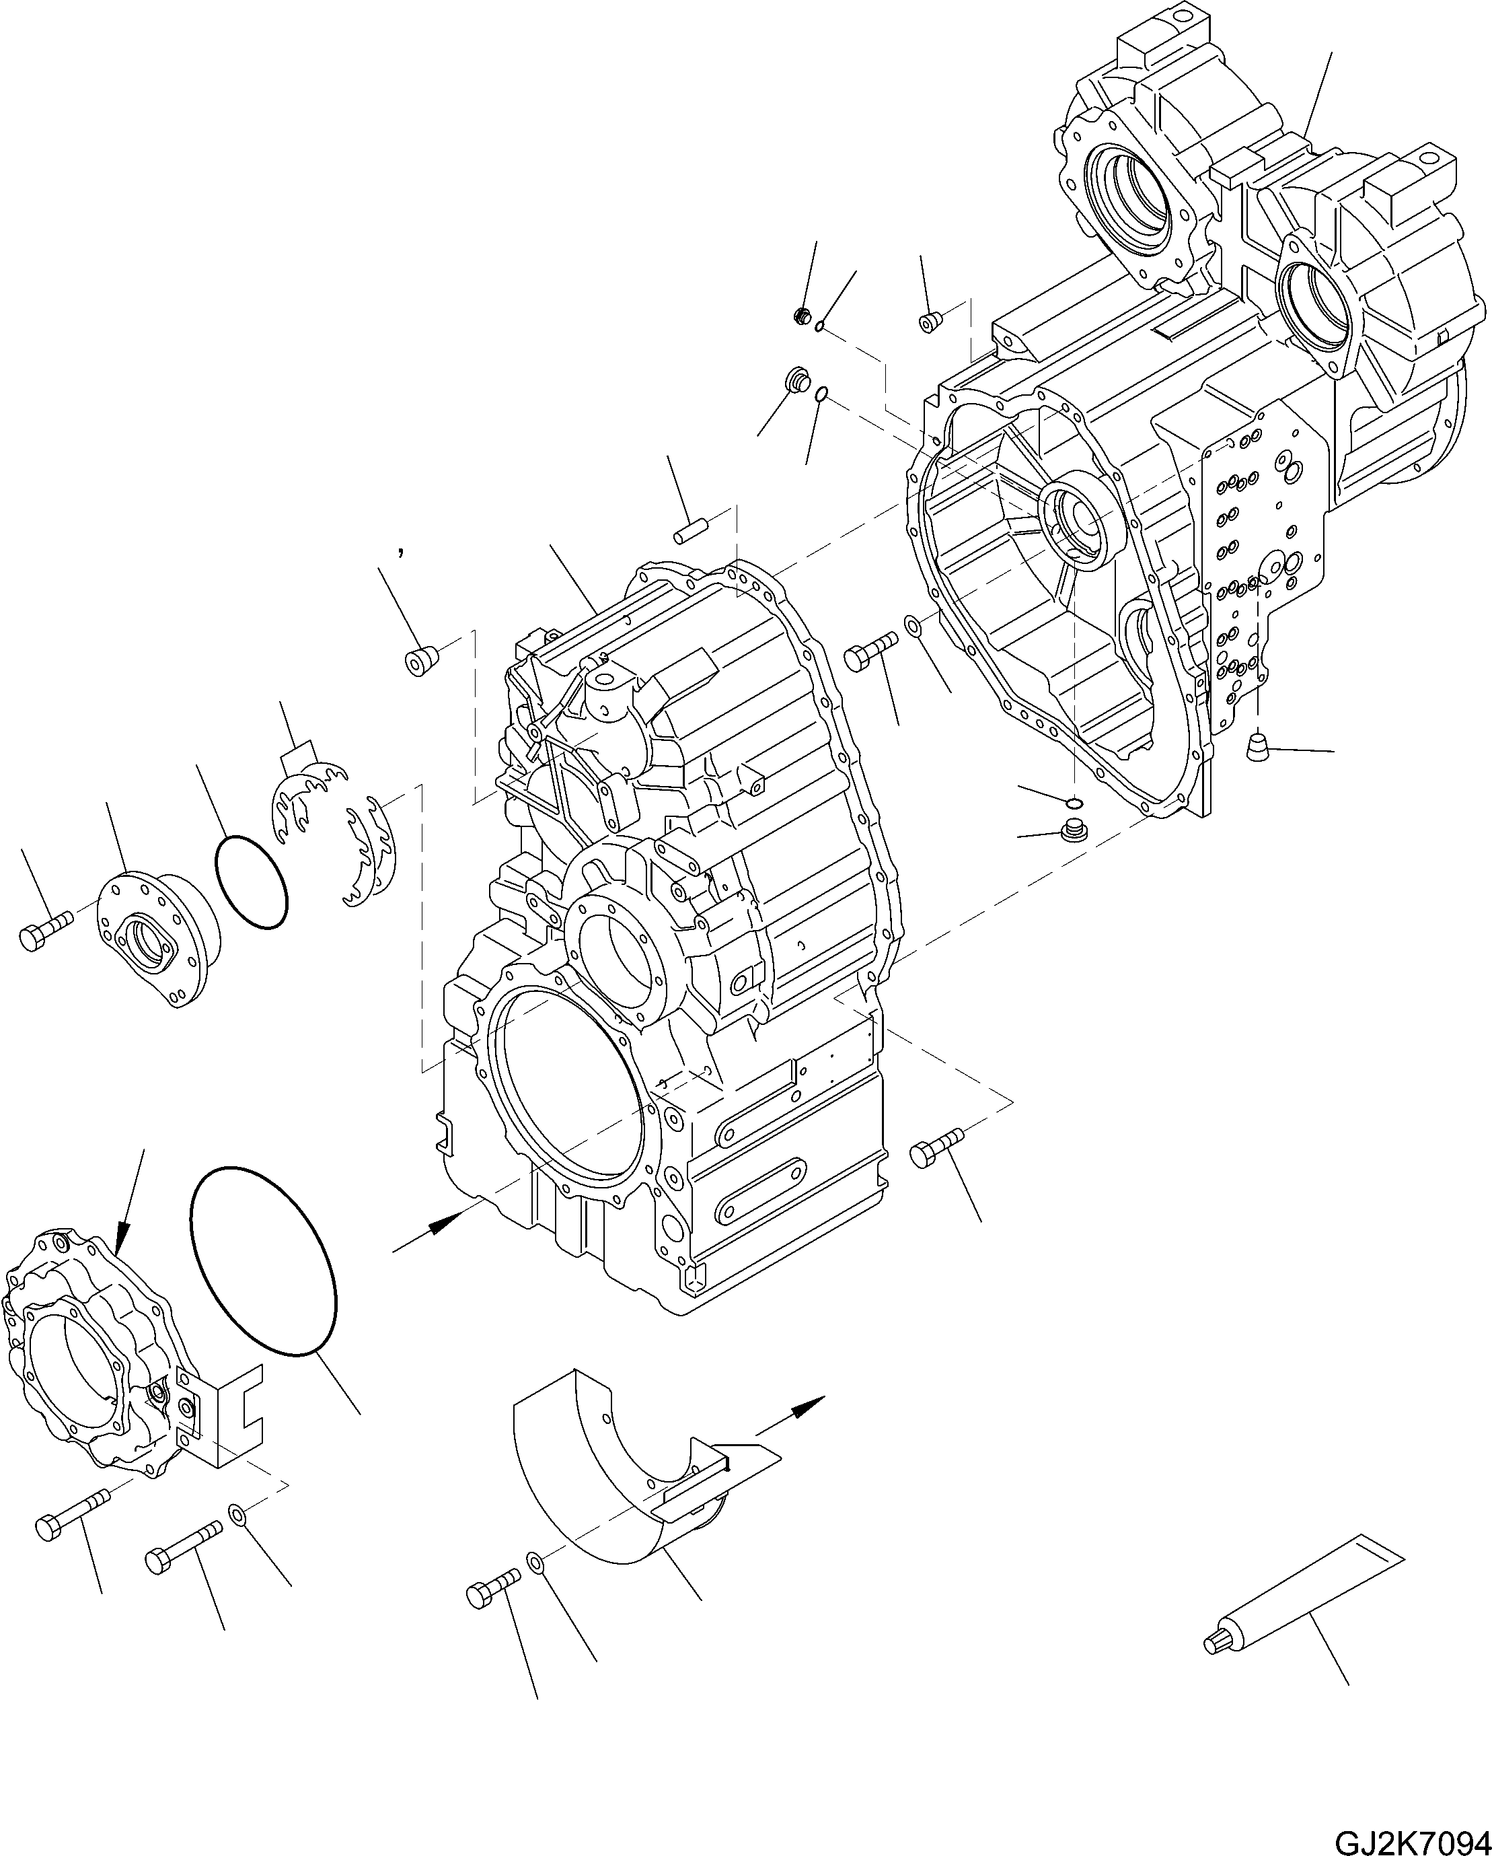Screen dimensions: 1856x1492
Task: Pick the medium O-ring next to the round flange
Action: pyautogui.click(x=250, y=882)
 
